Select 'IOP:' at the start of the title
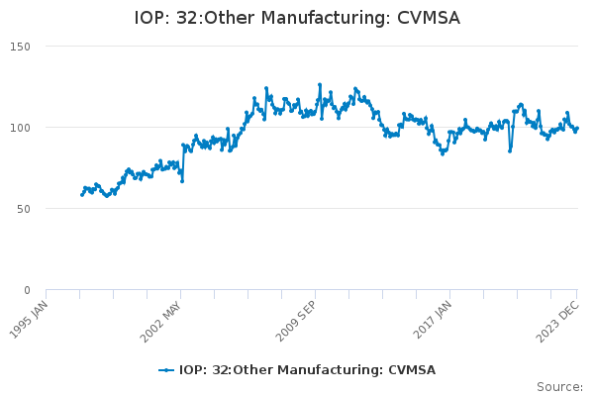(x=153, y=19)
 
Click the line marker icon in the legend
(x=166, y=370)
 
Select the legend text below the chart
(x=307, y=370)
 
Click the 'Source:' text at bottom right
(x=559, y=387)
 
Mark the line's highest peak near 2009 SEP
(x=320, y=85)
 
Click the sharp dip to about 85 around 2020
(x=510, y=150)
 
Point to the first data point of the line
(x=81, y=194)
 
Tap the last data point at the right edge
(x=577, y=128)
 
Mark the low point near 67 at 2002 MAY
(x=181, y=180)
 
